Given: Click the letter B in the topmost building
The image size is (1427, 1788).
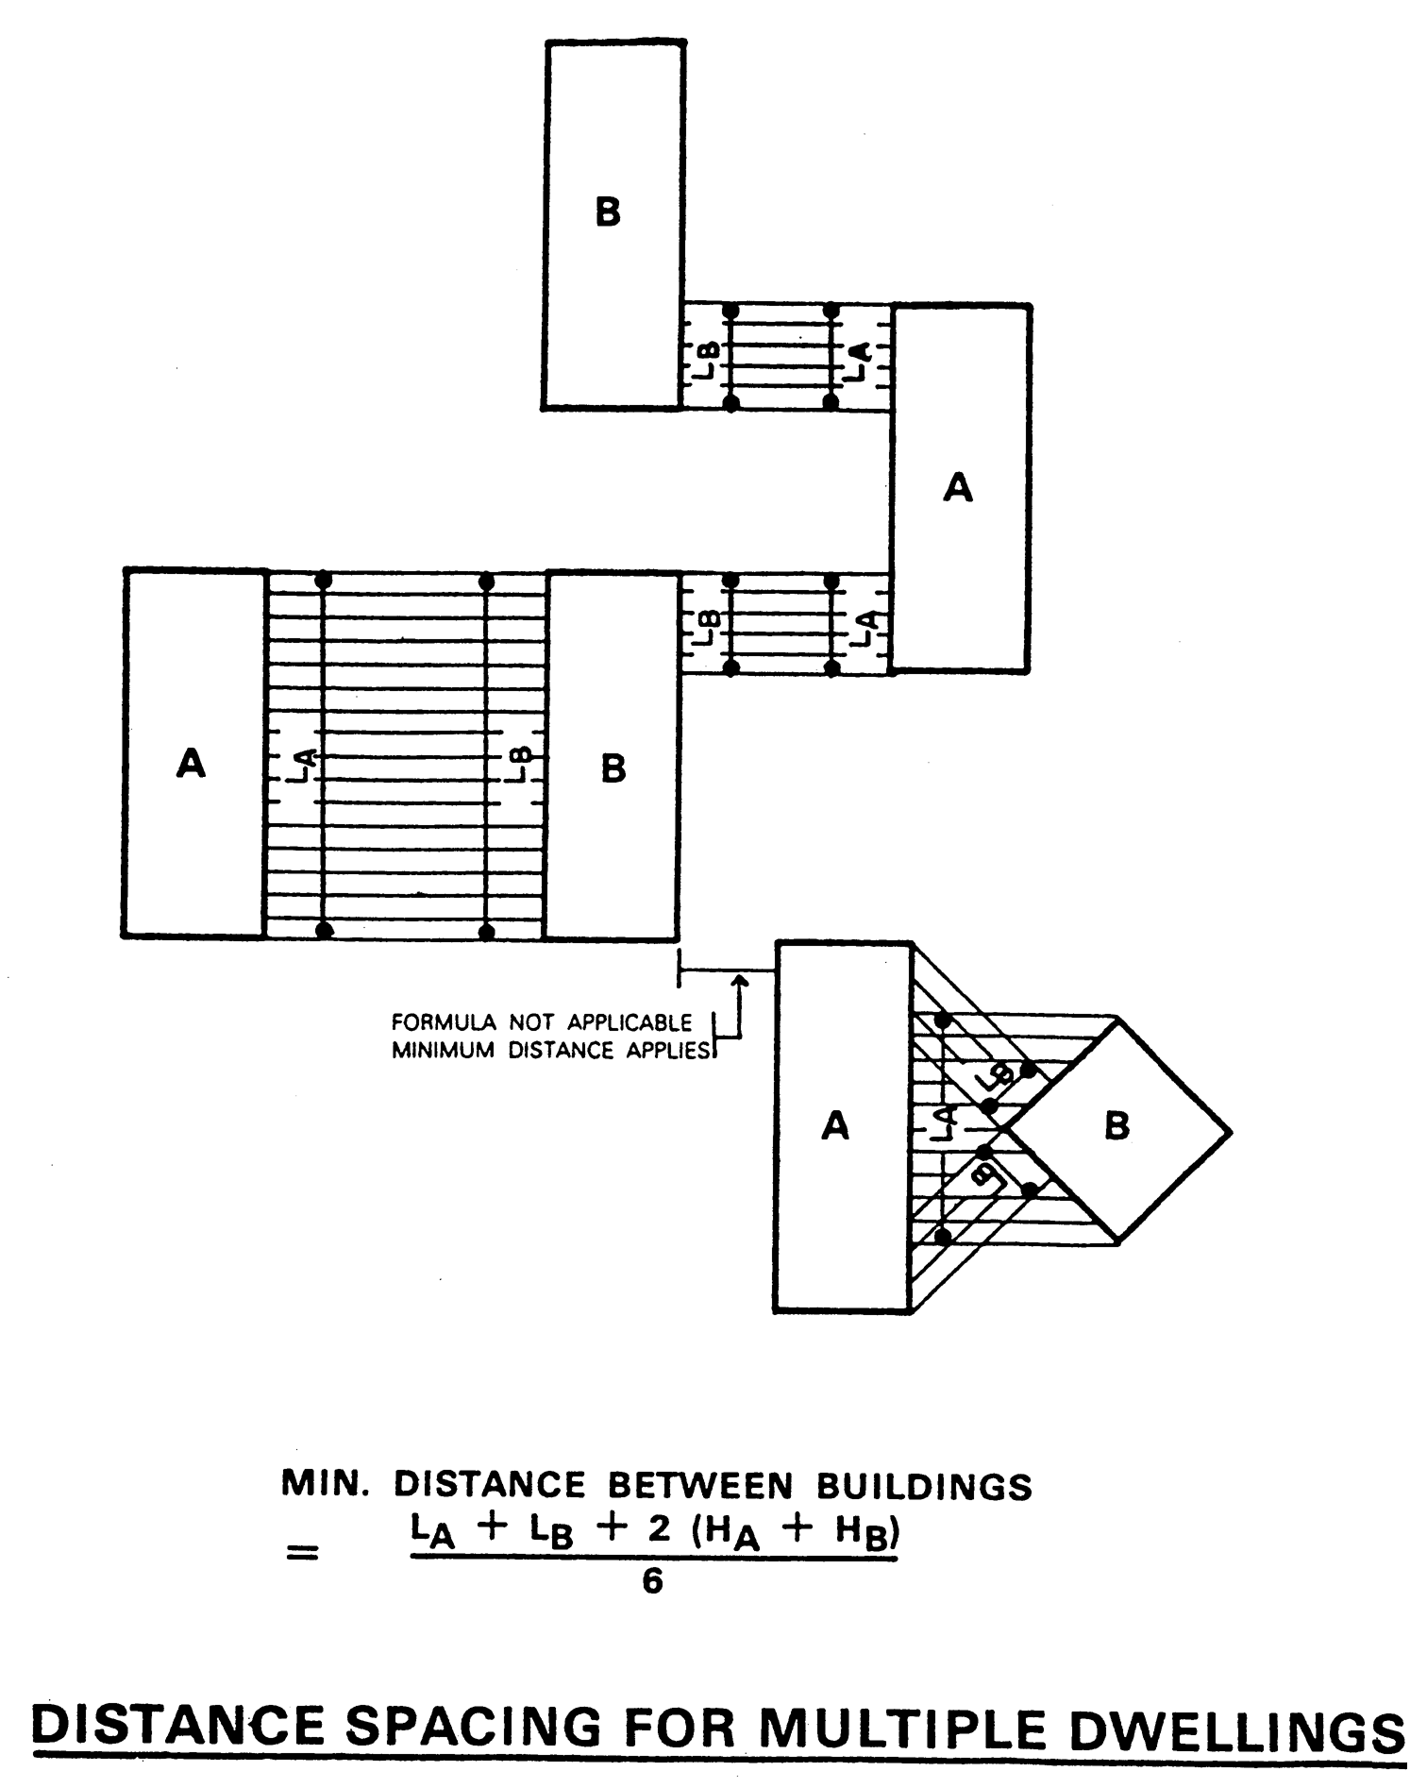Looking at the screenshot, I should (608, 212).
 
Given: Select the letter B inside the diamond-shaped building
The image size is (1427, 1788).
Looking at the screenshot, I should (1116, 1126).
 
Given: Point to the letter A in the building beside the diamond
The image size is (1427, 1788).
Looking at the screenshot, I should (835, 1125).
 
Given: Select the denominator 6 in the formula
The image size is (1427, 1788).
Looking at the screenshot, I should (651, 1581).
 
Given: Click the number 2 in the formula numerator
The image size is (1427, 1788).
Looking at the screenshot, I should (659, 1530).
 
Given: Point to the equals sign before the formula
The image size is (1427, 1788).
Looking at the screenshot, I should (302, 1552).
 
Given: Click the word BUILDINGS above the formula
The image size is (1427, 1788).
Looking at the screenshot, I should (923, 1487).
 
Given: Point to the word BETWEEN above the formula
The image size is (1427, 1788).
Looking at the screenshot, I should (699, 1486).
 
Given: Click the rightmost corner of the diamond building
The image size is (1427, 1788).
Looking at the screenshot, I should (1230, 1131).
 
